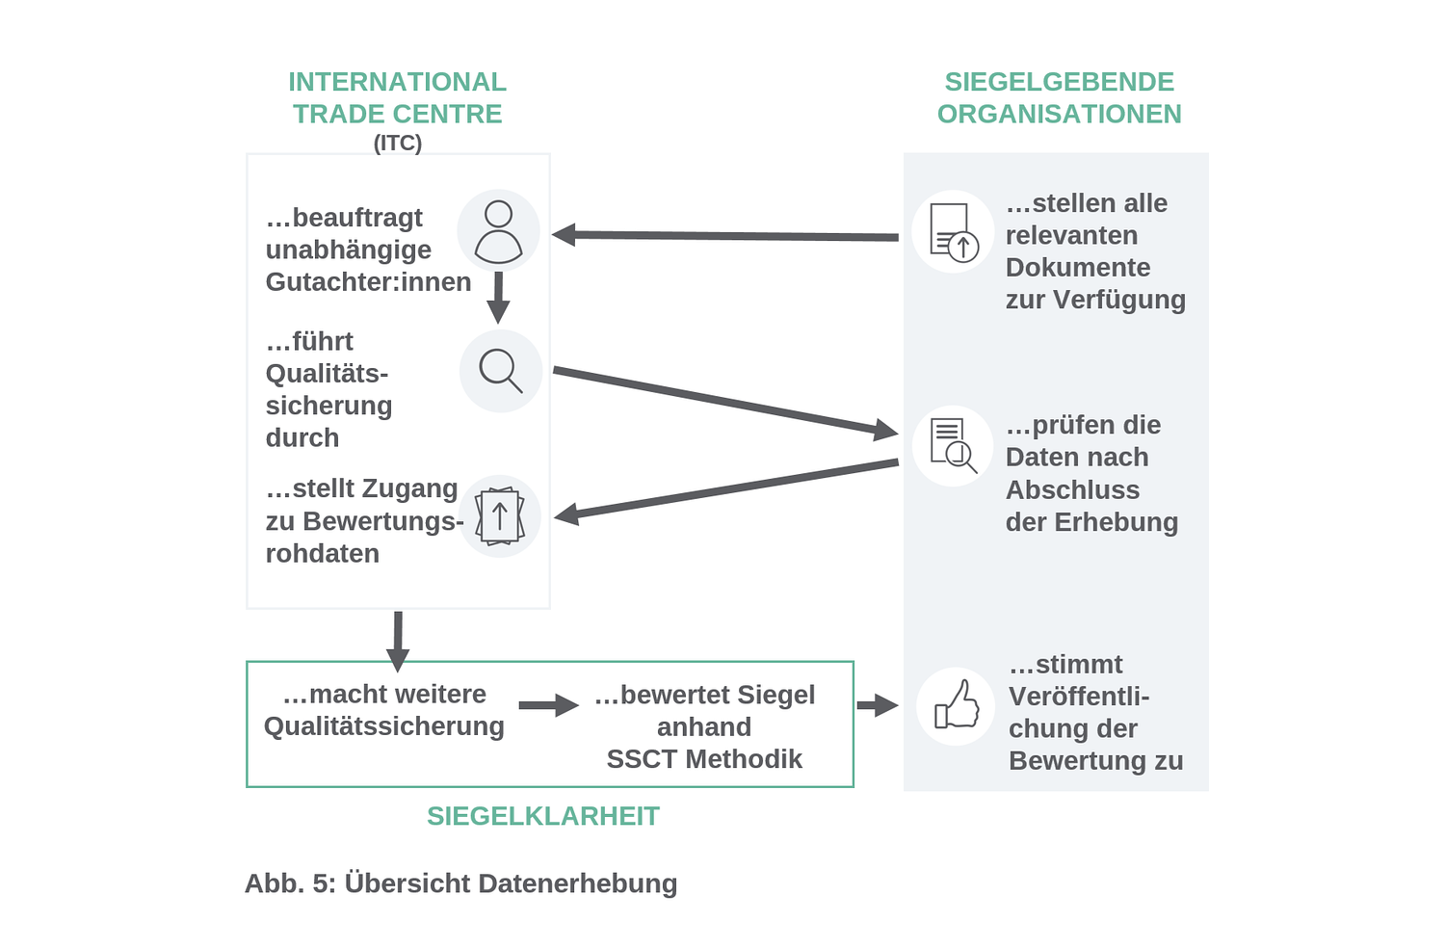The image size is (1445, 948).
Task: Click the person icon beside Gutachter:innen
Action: click(x=498, y=231)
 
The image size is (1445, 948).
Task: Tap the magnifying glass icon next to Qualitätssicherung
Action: click(x=500, y=371)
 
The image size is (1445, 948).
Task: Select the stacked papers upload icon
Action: click(x=499, y=516)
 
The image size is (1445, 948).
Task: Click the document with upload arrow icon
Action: click(x=954, y=232)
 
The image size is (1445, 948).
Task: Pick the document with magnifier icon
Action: click(x=953, y=446)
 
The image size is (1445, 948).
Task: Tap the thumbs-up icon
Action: click(x=956, y=706)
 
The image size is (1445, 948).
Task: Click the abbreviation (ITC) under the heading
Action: click(x=397, y=143)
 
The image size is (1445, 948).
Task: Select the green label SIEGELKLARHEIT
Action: click(x=542, y=816)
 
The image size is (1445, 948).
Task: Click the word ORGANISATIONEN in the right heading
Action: click(x=1059, y=114)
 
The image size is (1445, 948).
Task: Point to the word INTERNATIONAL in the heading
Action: click(x=397, y=82)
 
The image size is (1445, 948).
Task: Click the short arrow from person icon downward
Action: click(x=498, y=298)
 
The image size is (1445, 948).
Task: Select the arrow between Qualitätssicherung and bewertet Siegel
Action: click(x=548, y=705)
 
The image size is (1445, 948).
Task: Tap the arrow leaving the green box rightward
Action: click(x=877, y=705)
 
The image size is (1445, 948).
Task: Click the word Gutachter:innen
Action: click(x=368, y=281)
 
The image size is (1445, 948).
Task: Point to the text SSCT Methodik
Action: click(x=704, y=759)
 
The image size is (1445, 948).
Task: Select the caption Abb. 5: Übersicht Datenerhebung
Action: click(x=460, y=883)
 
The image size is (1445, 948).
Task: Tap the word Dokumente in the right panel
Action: click(x=1077, y=267)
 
